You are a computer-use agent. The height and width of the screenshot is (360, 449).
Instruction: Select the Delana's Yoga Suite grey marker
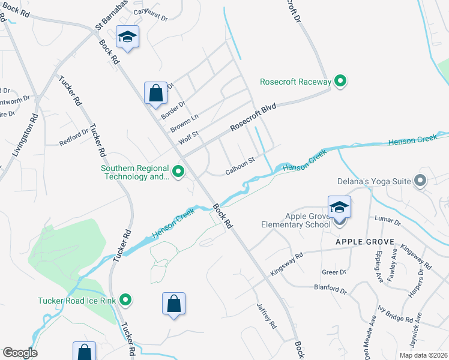pos(420,180)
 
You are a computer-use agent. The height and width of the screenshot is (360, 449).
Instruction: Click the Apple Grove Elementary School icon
pos(339,208)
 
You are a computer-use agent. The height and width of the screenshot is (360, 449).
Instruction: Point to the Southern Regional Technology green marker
pos(178,172)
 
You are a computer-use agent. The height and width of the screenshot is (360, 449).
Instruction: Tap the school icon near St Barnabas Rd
pos(127,37)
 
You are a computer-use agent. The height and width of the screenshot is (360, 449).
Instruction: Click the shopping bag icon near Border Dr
pos(155,94)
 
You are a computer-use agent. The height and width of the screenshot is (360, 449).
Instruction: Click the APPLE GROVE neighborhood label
pos(364,242)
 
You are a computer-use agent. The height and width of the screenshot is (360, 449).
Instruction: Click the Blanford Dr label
pos(330,289)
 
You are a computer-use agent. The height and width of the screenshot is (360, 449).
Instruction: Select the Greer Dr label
pos(334,272)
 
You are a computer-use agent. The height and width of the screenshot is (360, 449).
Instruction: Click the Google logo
pos(20,353)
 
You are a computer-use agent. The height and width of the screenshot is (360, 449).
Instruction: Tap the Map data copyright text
pos(423,355)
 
